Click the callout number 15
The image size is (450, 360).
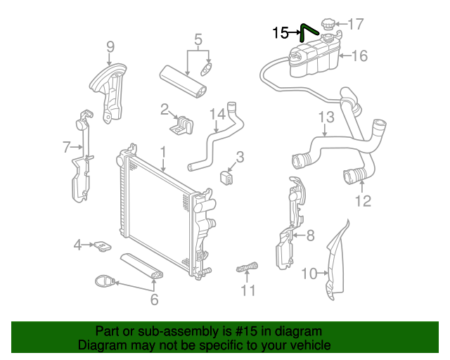(x=280, y=32)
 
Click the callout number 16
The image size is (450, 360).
(x=359, y=56)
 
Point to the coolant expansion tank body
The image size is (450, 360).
(x=314, y=60)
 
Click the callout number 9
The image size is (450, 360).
(x=110, y=47)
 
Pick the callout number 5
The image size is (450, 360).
(x=198, y=39)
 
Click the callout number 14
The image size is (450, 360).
(x=217, y=114)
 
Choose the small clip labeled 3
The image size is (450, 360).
(x=228, y=176)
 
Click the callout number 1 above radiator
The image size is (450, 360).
(x=162, y=151)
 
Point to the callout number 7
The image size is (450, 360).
(x=67, y=147)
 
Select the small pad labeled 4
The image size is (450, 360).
(x=103, y=246)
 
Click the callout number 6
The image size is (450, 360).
(x=154, y=300)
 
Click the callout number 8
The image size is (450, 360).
(x=311, y=236)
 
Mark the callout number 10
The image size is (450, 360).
(x=309, y=274)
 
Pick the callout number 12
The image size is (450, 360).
(x=362, y=202)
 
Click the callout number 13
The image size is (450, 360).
(x=326, y=117)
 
